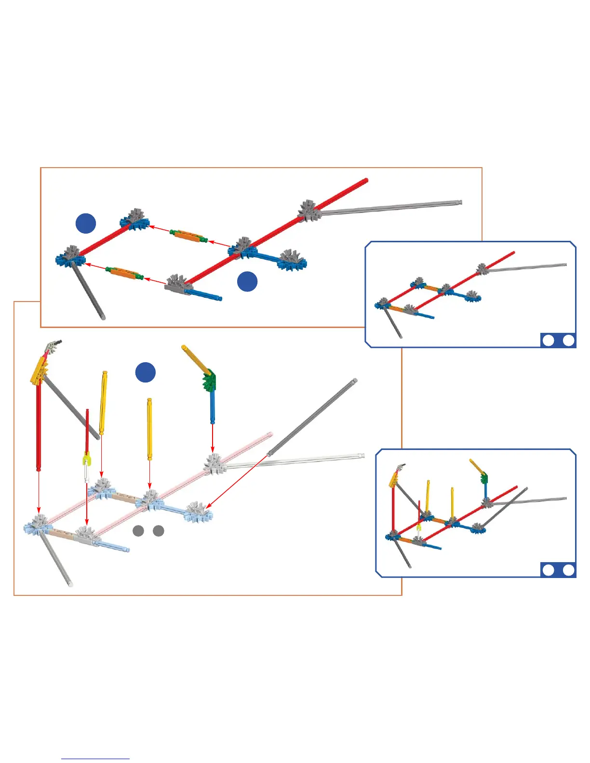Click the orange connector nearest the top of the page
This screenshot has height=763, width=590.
[188, 236]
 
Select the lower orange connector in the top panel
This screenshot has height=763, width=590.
[124, 272]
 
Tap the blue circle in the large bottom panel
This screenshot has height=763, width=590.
[145, 372]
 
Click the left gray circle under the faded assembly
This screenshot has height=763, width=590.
[138, 531]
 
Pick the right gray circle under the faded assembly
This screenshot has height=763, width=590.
[159, 531]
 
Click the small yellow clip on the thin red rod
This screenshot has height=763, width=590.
[86, 460]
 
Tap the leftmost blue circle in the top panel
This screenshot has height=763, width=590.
[86, 224]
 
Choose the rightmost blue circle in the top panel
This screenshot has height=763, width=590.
[247, 281]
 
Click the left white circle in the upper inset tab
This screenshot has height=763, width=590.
[548, 341]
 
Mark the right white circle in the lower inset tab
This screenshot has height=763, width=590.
[569, 570]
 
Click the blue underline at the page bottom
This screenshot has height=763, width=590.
[95, 759]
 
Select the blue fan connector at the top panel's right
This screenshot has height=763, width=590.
[292, 260]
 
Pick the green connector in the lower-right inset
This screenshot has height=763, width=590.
[484, 478]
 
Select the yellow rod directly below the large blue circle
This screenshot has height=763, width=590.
[149, 429]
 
